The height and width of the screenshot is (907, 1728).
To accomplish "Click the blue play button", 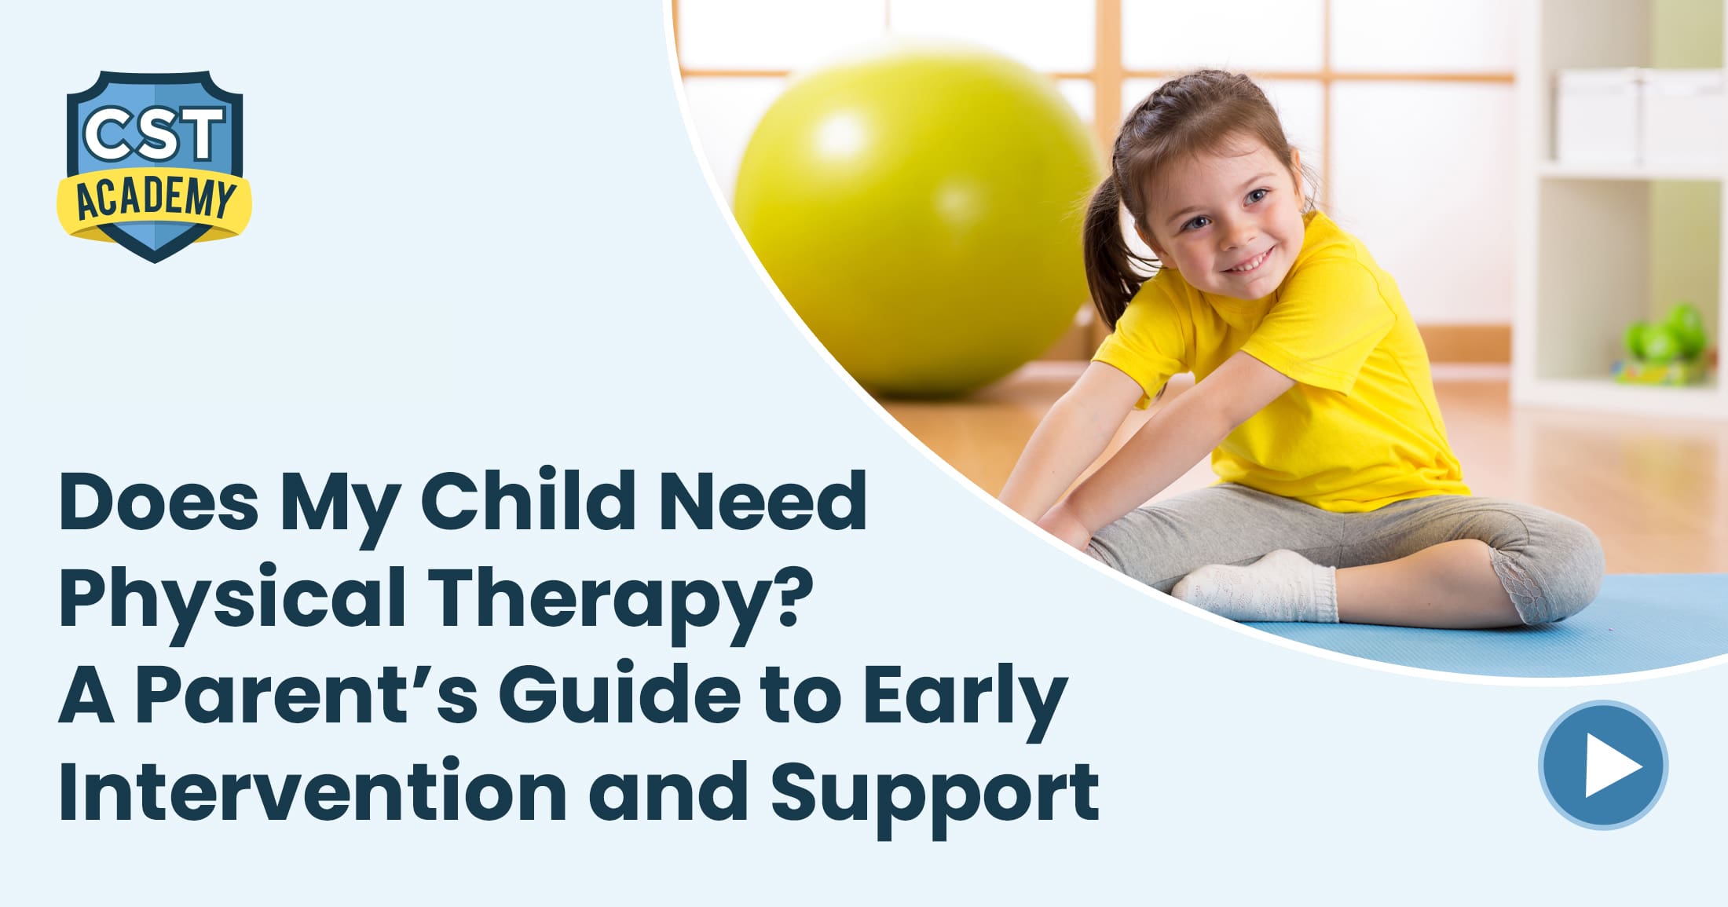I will pyautogui.click(x=1602, y=764).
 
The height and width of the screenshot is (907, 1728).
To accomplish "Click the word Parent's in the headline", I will pyautogui.click(x=306, y=695).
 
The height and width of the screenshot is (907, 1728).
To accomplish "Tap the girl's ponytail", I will pyautogui.click(x=1104, y=251).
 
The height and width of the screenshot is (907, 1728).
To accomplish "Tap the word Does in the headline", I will pyautogui.click(x=158, y=501).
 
